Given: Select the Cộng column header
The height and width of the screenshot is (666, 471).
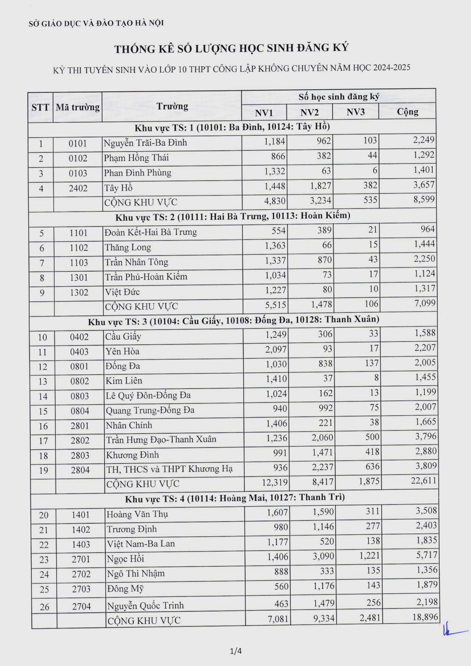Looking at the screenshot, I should (407, 111).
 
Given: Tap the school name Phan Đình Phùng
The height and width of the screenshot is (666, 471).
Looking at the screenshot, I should (138, 173).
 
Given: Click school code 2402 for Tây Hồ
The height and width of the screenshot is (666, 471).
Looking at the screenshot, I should (78, 188).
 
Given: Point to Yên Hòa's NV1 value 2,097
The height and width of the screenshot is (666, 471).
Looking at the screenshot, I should (276, 349).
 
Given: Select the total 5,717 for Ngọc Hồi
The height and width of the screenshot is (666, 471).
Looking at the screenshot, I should (426, 555).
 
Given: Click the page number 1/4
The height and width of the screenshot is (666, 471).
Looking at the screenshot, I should (235, 651).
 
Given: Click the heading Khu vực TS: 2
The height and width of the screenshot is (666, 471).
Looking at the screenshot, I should (233, 216).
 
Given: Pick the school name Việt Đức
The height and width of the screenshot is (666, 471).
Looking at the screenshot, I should (123, 292).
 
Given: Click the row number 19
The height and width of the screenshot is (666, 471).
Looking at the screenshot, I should (43, 470).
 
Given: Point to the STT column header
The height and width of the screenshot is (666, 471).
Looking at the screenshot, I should (40, 107).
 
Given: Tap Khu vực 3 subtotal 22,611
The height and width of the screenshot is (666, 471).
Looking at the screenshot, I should (424, 480).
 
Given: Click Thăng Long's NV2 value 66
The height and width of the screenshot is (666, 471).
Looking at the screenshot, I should (327, 245).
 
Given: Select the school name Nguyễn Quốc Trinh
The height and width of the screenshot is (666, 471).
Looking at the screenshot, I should (145, 605).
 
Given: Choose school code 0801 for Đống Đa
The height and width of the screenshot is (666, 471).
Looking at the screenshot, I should (79, 366).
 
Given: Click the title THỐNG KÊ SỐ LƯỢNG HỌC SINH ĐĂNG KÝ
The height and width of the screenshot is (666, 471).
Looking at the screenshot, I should (231, 48).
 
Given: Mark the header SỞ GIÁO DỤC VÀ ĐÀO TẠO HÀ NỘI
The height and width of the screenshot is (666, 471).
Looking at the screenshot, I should (96, 23).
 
